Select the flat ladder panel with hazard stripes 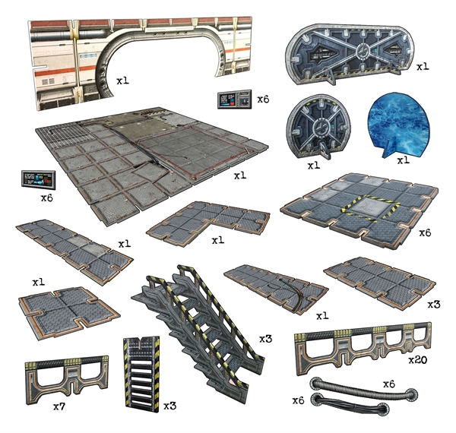141,372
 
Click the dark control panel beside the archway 235,100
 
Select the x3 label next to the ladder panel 172,406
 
